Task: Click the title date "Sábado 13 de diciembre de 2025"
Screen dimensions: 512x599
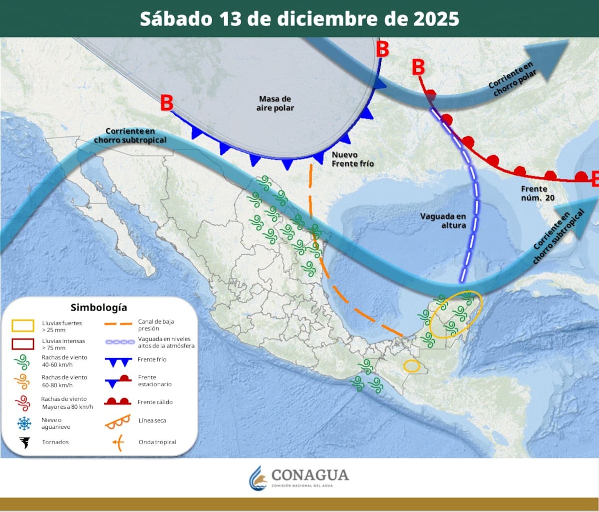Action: click(299, 18)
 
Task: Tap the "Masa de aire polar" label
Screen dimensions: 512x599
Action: click(275, 103)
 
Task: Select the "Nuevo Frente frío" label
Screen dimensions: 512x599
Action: click(352, 159)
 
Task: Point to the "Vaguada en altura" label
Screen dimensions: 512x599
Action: click(443, 220)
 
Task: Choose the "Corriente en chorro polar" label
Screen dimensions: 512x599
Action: click(512, 79)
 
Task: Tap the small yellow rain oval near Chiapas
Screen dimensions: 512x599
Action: click(411, 366)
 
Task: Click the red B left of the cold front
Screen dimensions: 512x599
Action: click(166, 104)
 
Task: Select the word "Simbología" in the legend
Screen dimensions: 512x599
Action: click(99, 307)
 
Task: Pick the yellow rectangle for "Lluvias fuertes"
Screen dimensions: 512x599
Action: click(23, 326)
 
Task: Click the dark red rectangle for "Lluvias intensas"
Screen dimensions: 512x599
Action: click(23, 344)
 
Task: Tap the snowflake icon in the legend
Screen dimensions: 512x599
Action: click(23, 423)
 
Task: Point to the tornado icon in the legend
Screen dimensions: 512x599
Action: click(23, 442)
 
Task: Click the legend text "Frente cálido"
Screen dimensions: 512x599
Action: click(155, 402)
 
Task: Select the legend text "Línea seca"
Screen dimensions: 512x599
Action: click(152, 421)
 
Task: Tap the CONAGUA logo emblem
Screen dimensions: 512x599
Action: click(258, 478)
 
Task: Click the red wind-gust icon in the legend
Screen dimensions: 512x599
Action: click(23, 402)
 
